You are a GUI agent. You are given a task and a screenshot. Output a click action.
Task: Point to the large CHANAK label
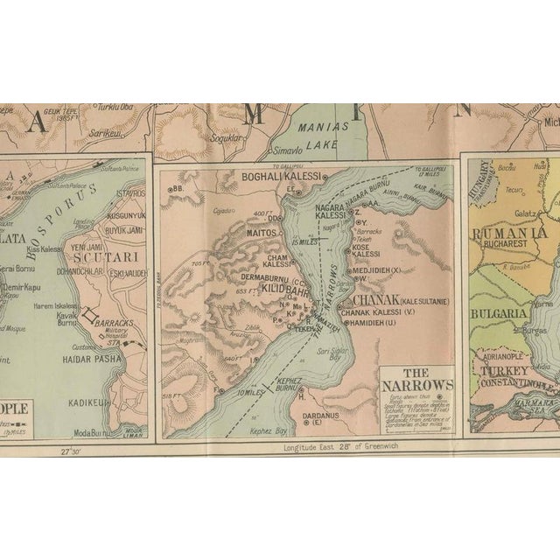click(370, 301)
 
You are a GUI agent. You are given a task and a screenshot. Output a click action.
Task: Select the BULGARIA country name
click(499, 313)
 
